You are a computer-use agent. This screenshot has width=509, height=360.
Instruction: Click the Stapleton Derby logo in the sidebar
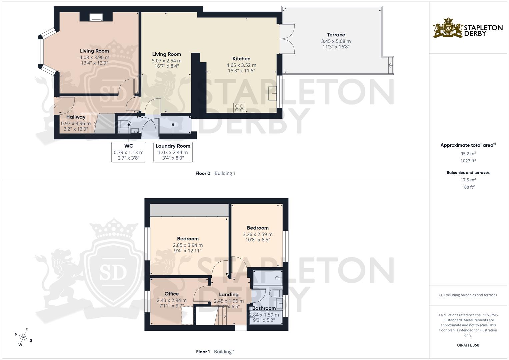pyautogui.click(x=468, y=28)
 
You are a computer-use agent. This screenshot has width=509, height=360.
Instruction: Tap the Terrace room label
pyautogui.click(x=336, y=35)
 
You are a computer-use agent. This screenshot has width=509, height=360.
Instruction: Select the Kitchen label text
pyautogui.click(x=241, y=59)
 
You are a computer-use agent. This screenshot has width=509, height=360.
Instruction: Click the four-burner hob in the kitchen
pyautogui.click(x=239, y=107)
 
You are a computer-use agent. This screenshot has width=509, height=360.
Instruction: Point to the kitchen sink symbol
pyautogui.click(x=272, y=93)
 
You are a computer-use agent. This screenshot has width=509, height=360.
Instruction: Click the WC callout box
pyautogui.click(x=129, y=152)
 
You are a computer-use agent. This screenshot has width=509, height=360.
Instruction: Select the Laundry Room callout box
pyautogui.click(x=173, y=152)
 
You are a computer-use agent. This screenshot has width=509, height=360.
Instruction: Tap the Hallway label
pyautogui.click(x=76, y=117)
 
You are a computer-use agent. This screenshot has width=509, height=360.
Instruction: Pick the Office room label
pyautogui.click(x=171, y=294)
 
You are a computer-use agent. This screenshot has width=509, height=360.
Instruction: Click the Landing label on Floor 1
pyautogui.click(x=229, y=294)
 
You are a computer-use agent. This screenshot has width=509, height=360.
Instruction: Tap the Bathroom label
pyautogui.click(x=264, y=308)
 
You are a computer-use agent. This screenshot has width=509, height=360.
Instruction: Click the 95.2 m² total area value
pyautogui.click(x=468, y=154)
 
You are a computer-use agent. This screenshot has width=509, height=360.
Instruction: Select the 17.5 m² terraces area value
pyautogui.click(x=468, y=180)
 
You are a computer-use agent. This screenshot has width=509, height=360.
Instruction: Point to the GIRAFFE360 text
pyautogui.click(x=468, y=345)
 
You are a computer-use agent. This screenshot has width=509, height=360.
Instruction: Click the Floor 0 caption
pyautogui.click(x=203, y=173)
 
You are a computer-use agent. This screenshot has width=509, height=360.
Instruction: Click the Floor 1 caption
pyautogui.click(x=203, y=352)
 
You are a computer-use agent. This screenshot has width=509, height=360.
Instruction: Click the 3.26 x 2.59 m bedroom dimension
pyautogui.click(x=257, y=234)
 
